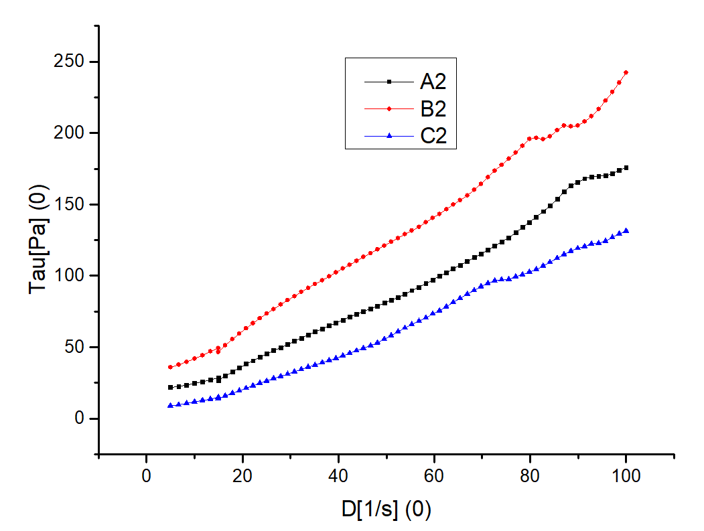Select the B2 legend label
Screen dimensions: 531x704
tap(433, 109)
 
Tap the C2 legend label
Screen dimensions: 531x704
tap(433, 137)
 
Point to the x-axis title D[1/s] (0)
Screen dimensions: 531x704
tap(386, 510)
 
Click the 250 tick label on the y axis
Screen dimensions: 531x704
tap(72, 62)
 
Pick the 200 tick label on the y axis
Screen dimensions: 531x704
tap(72, 133)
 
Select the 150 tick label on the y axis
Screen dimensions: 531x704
tap(72, 205)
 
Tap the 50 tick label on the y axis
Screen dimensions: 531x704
tap(77, 348)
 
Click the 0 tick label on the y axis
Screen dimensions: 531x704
tap(82, 419)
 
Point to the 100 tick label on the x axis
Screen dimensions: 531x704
tap(626, 477)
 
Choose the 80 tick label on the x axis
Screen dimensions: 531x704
tap(530, 477)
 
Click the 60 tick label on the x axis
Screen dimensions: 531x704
tap(434, 477)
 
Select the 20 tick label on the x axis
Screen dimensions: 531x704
tap(242, 477)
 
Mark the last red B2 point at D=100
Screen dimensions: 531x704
tap(626, 72)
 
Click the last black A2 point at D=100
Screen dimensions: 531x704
tap(626, 167)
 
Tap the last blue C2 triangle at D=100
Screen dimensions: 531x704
tap(626, 230)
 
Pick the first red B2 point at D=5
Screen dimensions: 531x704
tap(170, 367)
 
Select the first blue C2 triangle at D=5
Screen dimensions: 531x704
tap(170, 405)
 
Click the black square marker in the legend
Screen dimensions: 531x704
tap(389, 82)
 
